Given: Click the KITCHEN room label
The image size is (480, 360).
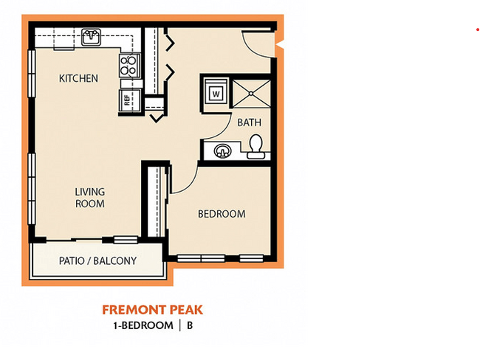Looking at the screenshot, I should pos(78,78).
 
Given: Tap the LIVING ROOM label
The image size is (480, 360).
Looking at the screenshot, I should pos(89,198).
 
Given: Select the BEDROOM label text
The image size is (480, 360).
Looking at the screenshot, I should pos(221,214).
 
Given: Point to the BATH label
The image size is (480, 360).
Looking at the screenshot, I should pos(249,122).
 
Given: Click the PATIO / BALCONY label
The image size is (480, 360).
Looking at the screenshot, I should pos(97,260).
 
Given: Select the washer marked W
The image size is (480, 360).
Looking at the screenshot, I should pos(216,94).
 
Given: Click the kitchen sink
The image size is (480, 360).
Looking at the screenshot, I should pos(92,36).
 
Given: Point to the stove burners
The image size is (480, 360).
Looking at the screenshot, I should pos(129,66).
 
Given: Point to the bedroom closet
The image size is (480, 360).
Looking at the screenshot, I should pos(155,201).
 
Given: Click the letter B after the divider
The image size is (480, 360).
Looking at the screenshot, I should pos(189,325).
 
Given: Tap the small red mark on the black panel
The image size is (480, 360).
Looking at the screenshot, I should pos(477,30).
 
